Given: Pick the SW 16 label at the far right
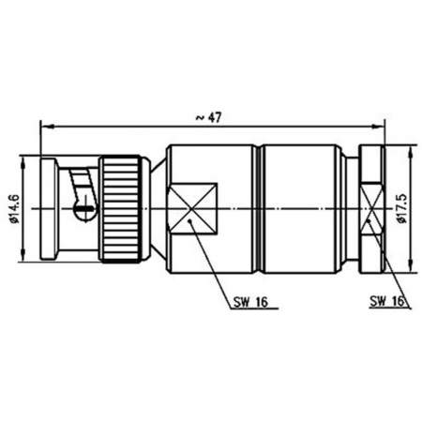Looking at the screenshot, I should [x=387, y=302].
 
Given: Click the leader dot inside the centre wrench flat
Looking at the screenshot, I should [x=190, y=221].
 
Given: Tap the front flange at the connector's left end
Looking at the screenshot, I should [x=47, y=206].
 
